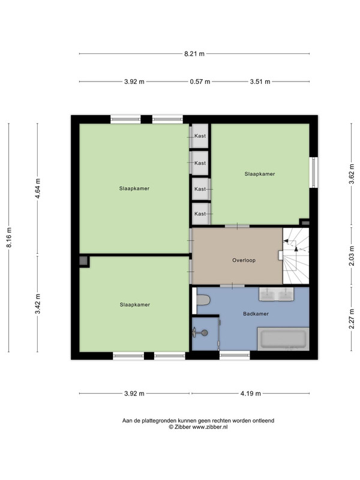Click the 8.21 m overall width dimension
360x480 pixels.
(x=194, y=54)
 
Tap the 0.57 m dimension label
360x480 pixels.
(x=200, y=82)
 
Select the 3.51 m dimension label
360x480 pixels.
(x=260, y=82)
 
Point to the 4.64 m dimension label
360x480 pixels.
(x=38, y=188)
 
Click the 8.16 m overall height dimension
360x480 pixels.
(x=9, y=237)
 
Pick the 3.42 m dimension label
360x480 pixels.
(x=38, y=304)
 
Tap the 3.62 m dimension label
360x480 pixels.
(x=352, y=173)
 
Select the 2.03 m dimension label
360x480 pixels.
(x=352, y=257)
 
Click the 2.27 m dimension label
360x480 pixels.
(x=352, y=319)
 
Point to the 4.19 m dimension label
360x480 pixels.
(x=250, y=394)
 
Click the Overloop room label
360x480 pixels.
(x=244, y=260)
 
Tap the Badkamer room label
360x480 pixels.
(x=256, y=314)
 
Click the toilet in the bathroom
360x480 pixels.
(x=203, y=300)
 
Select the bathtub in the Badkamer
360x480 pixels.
(x=283, y=339)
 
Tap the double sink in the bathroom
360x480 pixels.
(x=276, y=294)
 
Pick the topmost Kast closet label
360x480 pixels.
(x=200, y=136)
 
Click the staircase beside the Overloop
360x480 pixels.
(x=296, y=256)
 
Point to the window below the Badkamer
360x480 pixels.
(x=235, y=355)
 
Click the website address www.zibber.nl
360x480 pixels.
(x=209, y=427)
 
